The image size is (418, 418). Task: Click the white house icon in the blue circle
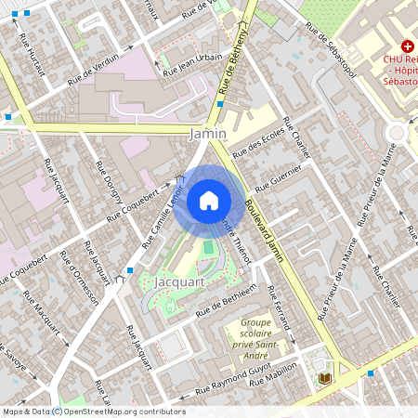(x=209, y=200)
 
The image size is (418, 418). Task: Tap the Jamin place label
(x=206, y=135)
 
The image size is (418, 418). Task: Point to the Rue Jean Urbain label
(x=191, y=64)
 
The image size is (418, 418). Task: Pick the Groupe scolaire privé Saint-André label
(x=249, y=337)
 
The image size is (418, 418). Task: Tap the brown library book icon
(x=324, y=378)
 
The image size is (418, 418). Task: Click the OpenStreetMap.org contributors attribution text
(x=125, y=411)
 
